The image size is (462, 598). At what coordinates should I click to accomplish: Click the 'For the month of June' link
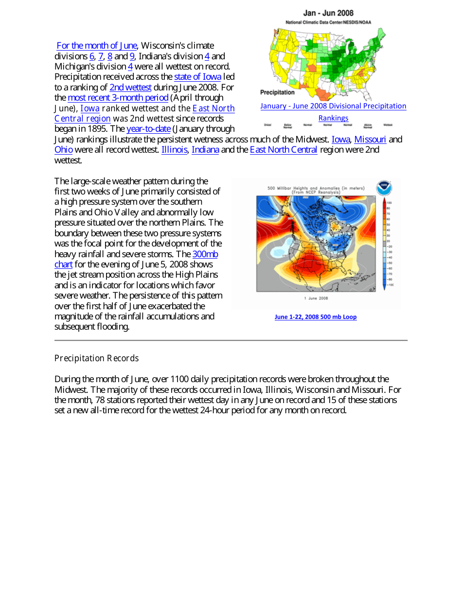(97, 46)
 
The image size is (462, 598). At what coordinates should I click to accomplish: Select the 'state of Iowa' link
(197, 77)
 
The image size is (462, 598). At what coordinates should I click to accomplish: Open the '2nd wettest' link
(130, 88)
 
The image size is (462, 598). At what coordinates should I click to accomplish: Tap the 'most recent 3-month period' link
(118, 98)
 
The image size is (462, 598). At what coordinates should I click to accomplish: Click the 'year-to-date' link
(148, 129)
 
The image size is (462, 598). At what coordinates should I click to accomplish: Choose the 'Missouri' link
(370, 140)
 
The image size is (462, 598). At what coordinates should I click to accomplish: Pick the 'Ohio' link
(63, 150)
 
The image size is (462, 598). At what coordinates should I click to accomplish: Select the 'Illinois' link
(174, 150)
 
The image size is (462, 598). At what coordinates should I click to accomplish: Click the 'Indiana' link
(205, 150)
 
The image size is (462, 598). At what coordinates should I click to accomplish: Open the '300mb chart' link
(205, 254)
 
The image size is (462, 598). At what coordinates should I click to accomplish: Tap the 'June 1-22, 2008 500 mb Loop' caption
(316, 317)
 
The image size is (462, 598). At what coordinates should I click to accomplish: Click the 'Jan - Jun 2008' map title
(328, 13)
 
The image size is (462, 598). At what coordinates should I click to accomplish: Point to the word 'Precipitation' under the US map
(277, 92)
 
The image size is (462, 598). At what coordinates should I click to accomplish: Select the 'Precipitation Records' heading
(96, 358)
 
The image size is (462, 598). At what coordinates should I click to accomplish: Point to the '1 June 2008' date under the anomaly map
(316, 298)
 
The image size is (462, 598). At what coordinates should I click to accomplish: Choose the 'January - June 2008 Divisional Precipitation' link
(333, 106)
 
